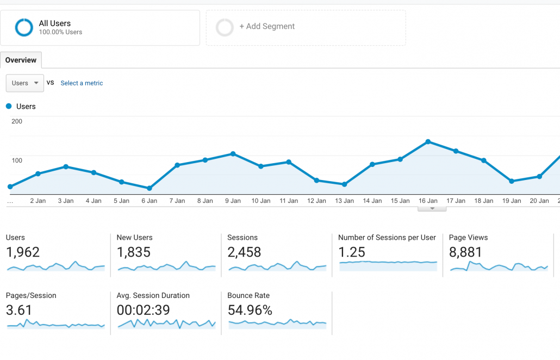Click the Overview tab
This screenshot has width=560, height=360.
point(21,60)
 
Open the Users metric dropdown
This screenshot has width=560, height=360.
point(24,83)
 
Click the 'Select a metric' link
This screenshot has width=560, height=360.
point(82,83)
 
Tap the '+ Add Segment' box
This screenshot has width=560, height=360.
point(305,27)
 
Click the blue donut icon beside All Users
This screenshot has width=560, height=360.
point(24,27)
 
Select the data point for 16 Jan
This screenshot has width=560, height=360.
point(428,142)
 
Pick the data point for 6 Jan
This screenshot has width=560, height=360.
point(150,188)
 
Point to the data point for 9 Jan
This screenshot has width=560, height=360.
point(233,154)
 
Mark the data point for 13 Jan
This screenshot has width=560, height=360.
point(345,184)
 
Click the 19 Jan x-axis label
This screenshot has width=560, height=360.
point(512,201)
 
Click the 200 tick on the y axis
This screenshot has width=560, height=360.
point(17,121)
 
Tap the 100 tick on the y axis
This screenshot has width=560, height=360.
point(17,160)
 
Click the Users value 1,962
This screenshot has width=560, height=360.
point(23,252)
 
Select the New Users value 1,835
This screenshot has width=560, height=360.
point(134,252)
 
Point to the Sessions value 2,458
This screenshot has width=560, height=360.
point(244,252)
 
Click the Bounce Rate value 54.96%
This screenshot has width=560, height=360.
point(250,311)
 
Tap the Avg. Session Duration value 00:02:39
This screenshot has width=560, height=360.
point(144,311)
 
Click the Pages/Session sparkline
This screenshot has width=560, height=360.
point(55,325)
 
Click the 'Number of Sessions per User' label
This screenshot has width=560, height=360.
point(387,238)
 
